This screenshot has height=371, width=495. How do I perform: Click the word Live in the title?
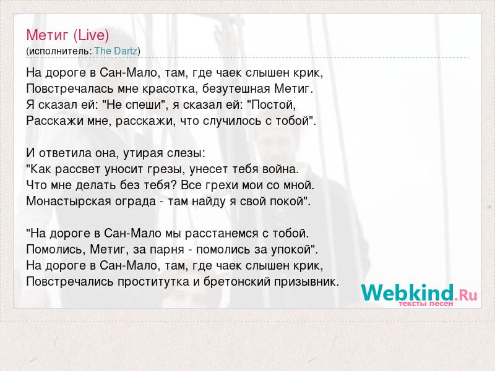tap(91, 35)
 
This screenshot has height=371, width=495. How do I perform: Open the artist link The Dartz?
tap(116, 51)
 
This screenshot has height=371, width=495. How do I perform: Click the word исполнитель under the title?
tap(59, 51)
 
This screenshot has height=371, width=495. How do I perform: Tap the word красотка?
tap(170, 88)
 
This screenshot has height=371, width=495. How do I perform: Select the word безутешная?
tap(236, 88)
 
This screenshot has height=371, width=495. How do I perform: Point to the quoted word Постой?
tap(273, 104)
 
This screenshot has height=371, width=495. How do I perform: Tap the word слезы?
tap(186, 153)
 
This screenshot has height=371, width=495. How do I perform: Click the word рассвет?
tap(78, 169)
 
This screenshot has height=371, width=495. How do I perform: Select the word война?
tap(281, 169)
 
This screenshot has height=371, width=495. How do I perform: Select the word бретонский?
tap(237, 281)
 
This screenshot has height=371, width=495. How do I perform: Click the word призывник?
tap(306, 281)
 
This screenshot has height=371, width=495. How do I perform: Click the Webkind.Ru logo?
tap(420, 295)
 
